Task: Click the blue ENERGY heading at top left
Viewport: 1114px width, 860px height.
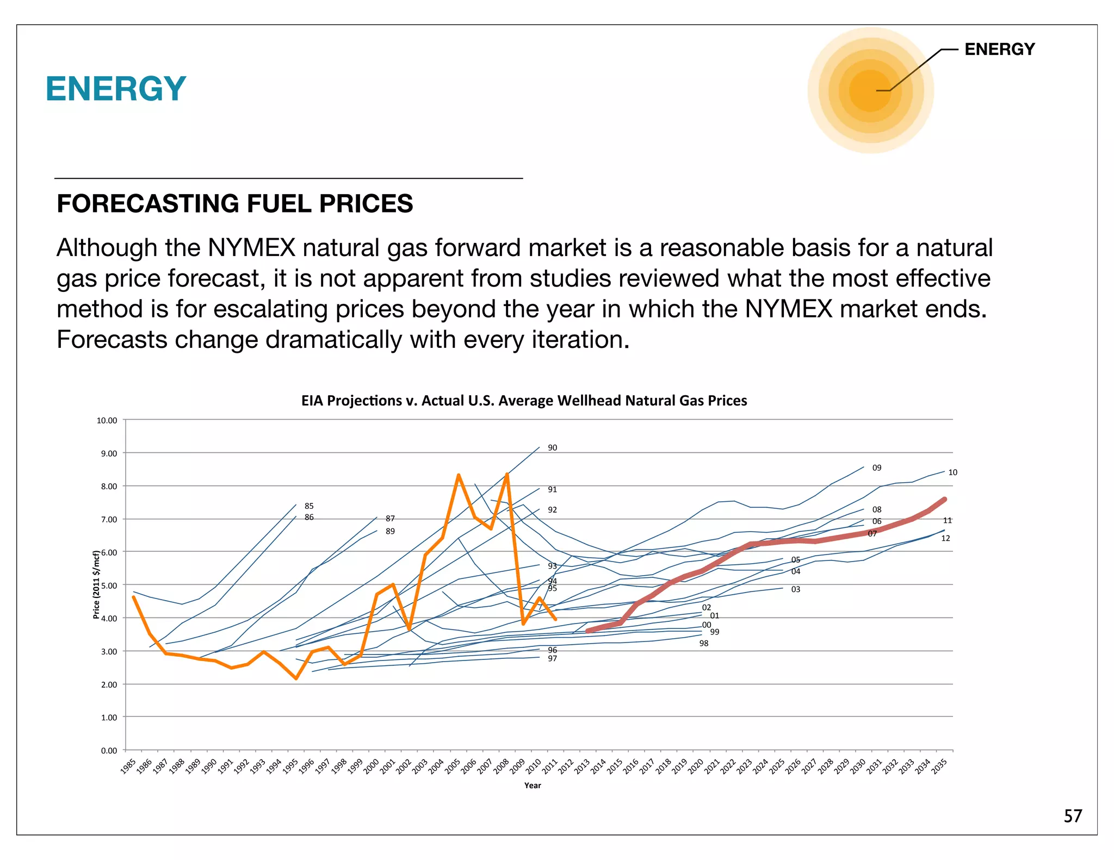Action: pyautogui.click(x=116, y=89)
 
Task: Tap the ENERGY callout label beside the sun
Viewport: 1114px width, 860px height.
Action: pyautogui.click(x=999, y=49)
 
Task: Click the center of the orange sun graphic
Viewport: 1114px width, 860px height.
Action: pyautogui.click(x=870, y=90)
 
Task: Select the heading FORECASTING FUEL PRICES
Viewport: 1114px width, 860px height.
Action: pyautogui.click(x=234, y=204)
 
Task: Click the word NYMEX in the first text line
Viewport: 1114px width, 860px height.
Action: pyautogui.click(x=251, y=248)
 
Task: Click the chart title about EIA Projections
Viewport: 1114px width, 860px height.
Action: pyautogui.click(x=524, y=401)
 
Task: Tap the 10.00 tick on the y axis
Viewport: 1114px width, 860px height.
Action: pyautogui.click(x=107, y=420)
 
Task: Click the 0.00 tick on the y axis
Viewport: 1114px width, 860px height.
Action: pyautogui.click(x=108, y=751)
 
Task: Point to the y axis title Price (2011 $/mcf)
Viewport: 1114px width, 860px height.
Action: pyautogui.click(x=96, y=584)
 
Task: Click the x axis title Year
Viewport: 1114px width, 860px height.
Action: pyautogui.click(x=533, y=786)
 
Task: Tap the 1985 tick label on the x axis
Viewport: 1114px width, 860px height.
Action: pyautogui.click(x=128, y=766)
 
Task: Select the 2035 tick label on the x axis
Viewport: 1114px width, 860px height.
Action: pyautogui.click(x=939, y=766)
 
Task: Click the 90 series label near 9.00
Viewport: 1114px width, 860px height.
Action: pyautogui.click(x=552, y=448)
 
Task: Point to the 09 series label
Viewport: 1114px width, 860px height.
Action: pyautogui.click(x=877, y=468)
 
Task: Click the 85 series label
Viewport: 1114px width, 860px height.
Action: pyautogui.click(x=309, y=506)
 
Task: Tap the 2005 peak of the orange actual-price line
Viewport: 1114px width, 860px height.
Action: pyautogui.click(x=459, y=475)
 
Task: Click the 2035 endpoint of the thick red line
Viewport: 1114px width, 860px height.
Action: pyautogui.click(x=944, y=499)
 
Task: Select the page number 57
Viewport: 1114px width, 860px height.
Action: pyautogui.click(x=1073, y=816)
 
